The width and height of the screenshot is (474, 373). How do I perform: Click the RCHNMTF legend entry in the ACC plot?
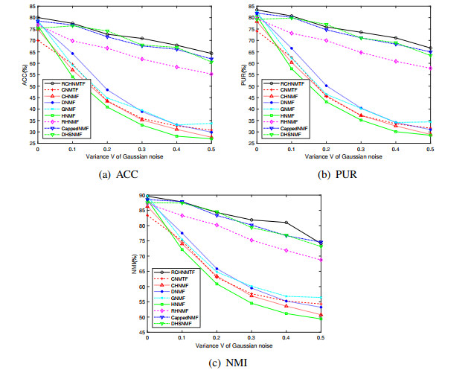pyautogui.click(x=65, y=83)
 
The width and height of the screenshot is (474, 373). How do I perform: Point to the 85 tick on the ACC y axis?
pyautogui.click(x=32, y=7)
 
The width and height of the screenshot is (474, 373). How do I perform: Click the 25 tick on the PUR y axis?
pyautogui.click(x=251, y=144)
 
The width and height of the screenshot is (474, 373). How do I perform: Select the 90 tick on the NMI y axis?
pyautogui.click(x=141, y=196)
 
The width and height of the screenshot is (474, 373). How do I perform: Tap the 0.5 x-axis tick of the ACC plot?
pyautogui.click(x=211, y=149)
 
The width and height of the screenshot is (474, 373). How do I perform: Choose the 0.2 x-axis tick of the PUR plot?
pyautogui.click(x=327, y=149)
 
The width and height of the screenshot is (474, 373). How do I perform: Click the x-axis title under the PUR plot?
pyautogui.click(x=343, y=156)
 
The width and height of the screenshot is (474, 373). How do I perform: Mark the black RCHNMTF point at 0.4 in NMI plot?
pyautogui.click(x=286, y=223)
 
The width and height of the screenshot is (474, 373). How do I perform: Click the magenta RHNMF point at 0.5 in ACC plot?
pyautogui.click(x=211, y=74)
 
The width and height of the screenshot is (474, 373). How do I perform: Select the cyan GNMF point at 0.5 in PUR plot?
pyautogui.click(x=430, y=121)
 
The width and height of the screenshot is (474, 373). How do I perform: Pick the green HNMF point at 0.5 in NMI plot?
pyautogui.click(x=321, y=319)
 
